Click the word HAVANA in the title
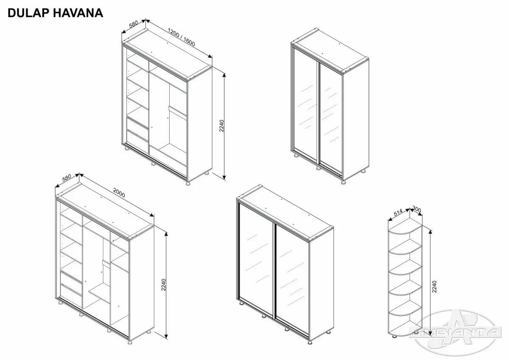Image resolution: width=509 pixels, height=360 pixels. point(78,13)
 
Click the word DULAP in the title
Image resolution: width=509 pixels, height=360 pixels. point(28,13)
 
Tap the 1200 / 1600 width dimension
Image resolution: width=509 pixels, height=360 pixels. point(182,37)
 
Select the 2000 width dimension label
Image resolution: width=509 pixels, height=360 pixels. point(119,193)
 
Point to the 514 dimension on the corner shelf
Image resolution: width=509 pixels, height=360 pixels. point(398,212)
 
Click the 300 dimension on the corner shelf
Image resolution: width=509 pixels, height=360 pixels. point(417,209)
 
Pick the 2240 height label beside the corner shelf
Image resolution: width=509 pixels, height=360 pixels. point(434,287)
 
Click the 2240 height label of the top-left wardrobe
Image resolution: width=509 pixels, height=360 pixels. point(221,126)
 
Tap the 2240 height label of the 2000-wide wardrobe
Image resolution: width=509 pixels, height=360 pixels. point(164,285)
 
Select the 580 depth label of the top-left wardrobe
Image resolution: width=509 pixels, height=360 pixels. point(133,24)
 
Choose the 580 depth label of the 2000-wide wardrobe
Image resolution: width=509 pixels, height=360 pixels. point(67,177)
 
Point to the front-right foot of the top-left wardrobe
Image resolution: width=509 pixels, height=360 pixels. point(188,183)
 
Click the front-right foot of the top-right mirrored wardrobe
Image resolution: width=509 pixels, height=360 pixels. point(344,182)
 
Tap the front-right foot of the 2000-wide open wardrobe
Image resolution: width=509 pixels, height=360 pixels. point(130,342)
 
